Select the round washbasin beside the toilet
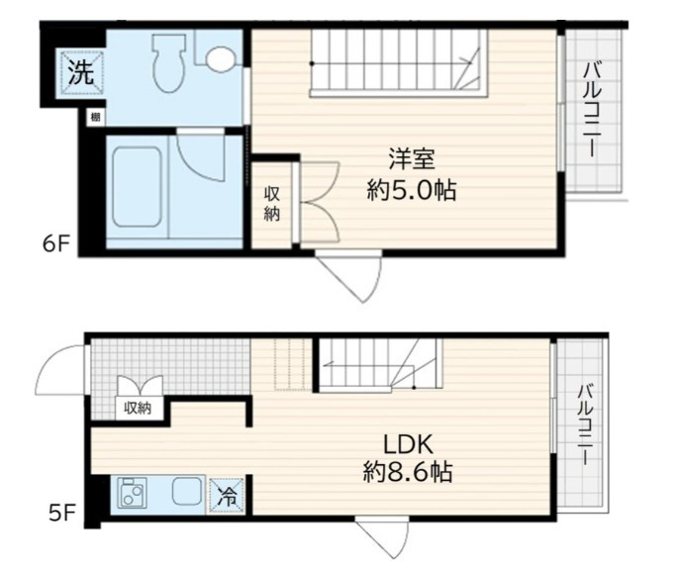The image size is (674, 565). click(221, 58)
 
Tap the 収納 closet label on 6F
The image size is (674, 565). click(271, 204)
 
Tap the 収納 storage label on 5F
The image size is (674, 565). click(137, 407)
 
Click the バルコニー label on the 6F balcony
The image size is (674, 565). click(593, 111)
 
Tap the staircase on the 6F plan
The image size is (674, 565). click(398, 60)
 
